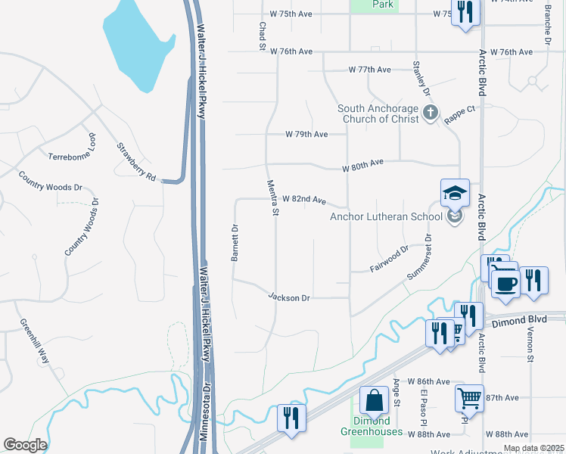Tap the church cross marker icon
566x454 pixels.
tap(430, 113)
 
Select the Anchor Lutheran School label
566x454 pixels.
tap(386, 217)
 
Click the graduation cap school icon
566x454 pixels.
tap(455, 193)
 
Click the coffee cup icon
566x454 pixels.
tap(505, 284)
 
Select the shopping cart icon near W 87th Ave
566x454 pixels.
tap(469, 397)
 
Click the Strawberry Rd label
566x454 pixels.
tap(136, 163)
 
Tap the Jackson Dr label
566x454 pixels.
tap(289, 298)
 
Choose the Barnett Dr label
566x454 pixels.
tap(235, 243)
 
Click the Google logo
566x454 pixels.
tap(25, 445)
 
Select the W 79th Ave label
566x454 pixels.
tap(306, 134)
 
